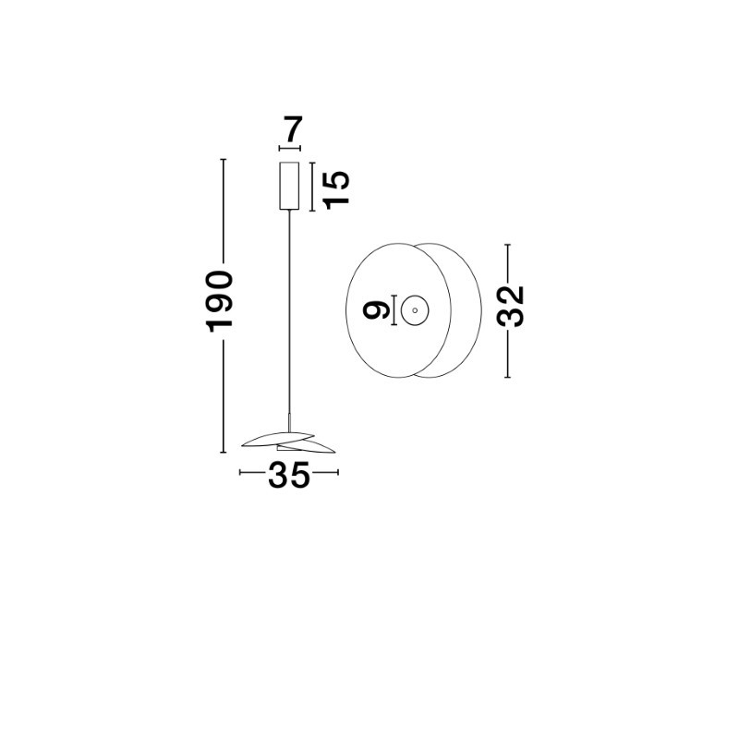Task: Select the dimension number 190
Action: click(x=220, y=301)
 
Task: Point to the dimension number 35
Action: click(x=289, y=475)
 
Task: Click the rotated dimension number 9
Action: click(x=376, y=311)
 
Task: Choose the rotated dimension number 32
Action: click(x=511, y=306)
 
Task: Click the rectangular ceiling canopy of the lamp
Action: click(x=289, y=186)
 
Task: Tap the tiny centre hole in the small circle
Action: click(x=415, y=310)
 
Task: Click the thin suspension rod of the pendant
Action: click(x=289, y=312)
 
